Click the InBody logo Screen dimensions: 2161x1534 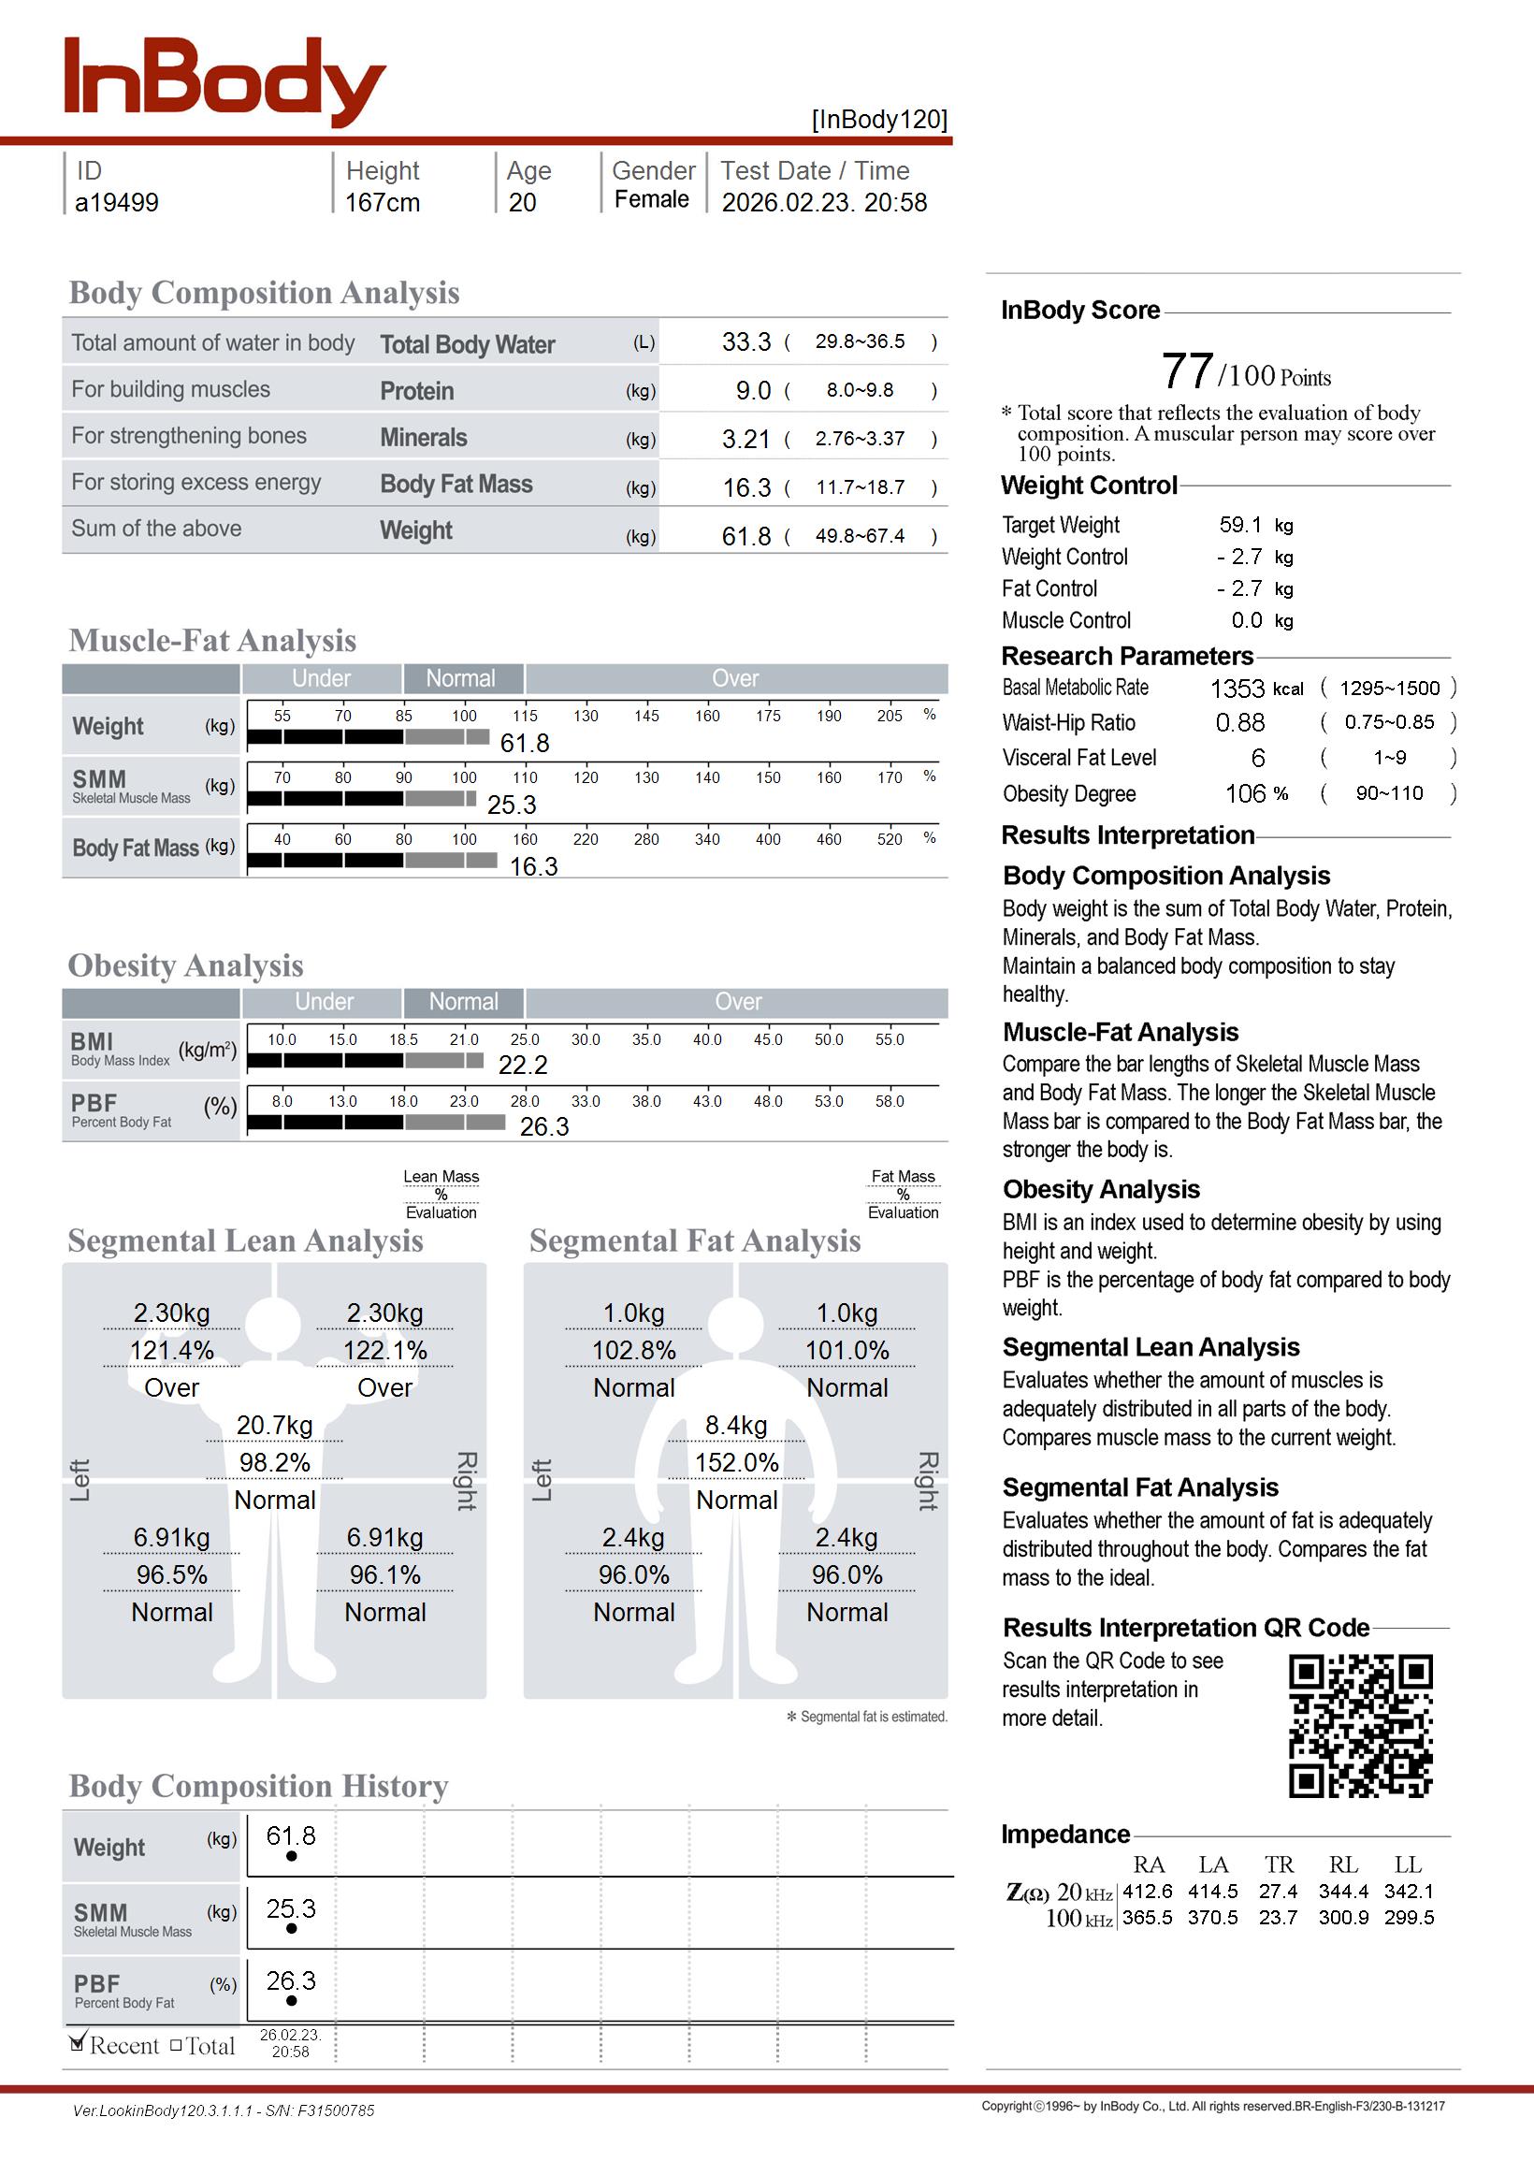coord(224,81)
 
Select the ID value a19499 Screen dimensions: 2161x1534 coord(116,202)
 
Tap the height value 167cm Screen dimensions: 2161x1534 coord(382,202)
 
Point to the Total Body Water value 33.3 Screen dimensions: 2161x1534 coord(746,341)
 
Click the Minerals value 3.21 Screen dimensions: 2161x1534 coord(746,439)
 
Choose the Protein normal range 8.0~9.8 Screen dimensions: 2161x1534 coord(860,390)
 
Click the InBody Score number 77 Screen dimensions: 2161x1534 coord(1187,370)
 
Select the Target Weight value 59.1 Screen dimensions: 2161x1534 coord(1240,525)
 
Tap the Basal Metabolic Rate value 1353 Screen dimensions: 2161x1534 coord(1237,689)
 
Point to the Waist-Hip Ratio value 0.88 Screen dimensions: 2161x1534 coord(1240,722)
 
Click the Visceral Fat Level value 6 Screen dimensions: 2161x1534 coord(1258,758)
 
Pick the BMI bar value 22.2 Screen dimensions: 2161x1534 coord(522,1066)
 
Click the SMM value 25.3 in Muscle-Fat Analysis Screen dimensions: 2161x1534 coord(511,805)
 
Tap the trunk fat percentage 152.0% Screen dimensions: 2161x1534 coord(737,1463)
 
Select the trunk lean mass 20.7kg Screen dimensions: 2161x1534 coord(274,1426)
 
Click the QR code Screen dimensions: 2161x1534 coord(1360,1726)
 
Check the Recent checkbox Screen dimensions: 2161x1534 coord(79,2044)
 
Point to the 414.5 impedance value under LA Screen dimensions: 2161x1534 coord(1213,1891)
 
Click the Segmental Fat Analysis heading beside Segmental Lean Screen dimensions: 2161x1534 coord(694,1240)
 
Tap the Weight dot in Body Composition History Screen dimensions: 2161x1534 coord(291,1856)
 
